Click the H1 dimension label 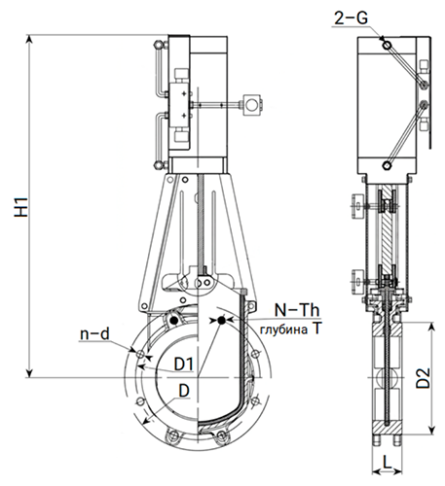click(x=22, y=207)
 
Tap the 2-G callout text click(x=352, y=17)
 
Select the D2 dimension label click(x=424, y=378)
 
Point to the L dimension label click(x=387, y=462)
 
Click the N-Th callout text click(x=297, y=310)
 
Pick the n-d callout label click(x=94, y=333)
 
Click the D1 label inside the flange click(x=184, y=364)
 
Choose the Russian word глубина click(x=283, y=330)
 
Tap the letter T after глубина click(x=315, y=329)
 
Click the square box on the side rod click(x=251, y=104)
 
